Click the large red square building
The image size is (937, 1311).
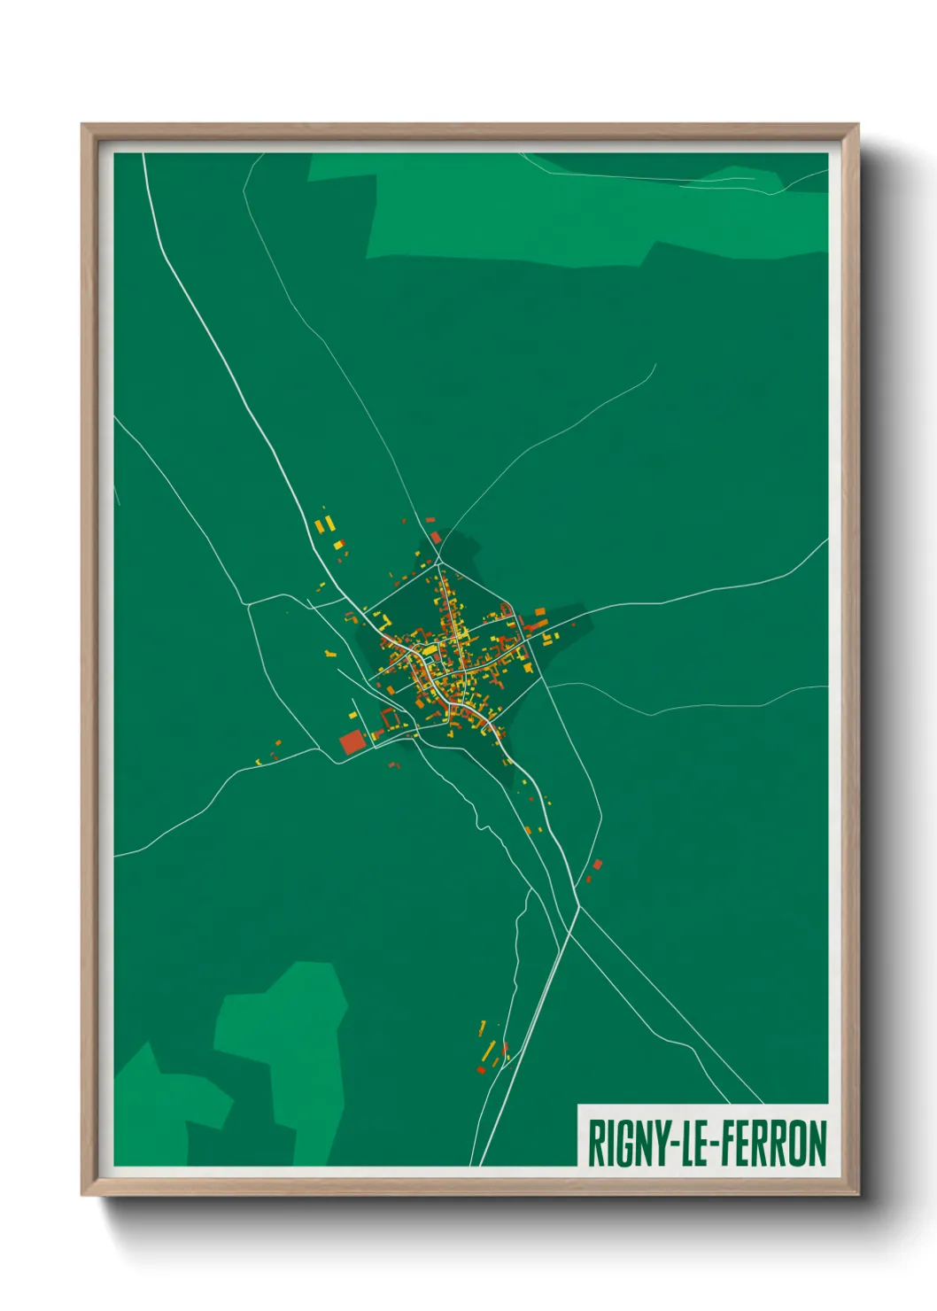tap(352, 742)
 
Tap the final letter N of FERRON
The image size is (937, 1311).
tap(817, 1144)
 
